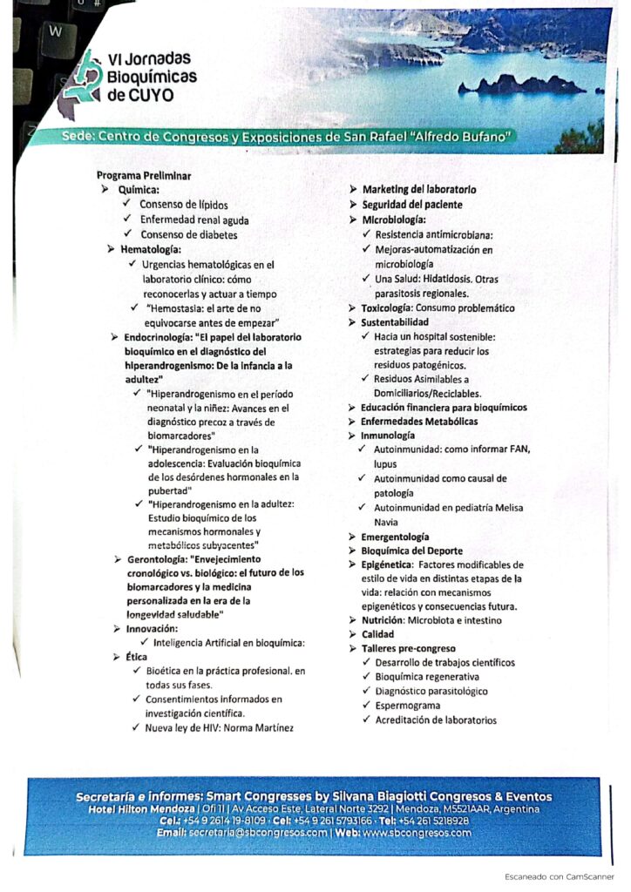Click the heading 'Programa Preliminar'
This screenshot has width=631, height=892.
tap(144, 175)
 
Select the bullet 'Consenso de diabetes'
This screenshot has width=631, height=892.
tap(188, 234)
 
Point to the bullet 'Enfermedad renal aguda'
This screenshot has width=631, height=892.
tap(194, 220)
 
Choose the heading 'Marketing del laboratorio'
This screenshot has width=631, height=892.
tap(418, 189)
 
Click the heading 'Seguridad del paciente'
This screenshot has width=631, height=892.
tap(412, 204)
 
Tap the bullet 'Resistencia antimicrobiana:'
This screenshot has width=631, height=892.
tap(434, 234)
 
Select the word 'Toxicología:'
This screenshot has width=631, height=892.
tap(387, 308)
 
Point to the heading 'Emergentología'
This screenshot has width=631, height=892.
tap(396, 537)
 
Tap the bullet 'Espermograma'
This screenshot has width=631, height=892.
tap(408, 705)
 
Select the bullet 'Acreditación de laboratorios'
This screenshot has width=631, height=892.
tap(436, 720)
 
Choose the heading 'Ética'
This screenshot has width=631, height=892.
tap(137, 656)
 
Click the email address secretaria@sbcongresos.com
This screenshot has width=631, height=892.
tap(261, 833)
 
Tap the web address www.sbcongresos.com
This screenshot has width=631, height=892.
tap(417, 833)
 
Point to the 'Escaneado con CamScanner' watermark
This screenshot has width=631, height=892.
tap(559, 875)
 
